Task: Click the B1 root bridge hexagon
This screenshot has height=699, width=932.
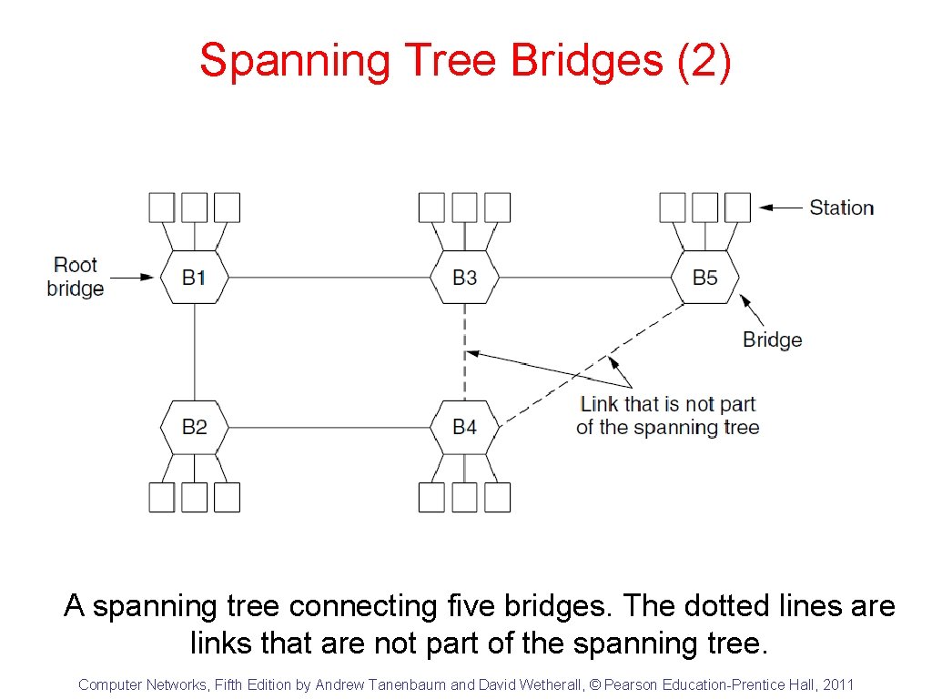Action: [194, 277]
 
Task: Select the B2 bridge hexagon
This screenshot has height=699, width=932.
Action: [194, 426]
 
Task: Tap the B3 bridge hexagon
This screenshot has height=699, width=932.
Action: [464, 277]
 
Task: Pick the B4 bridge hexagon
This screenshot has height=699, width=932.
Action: [464, 426]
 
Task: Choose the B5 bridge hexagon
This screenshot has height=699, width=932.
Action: [704, 277]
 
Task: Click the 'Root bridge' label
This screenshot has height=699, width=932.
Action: [76, 277]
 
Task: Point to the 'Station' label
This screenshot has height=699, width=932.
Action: [841, 208]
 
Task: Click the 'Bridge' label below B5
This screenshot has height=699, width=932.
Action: [772, 339]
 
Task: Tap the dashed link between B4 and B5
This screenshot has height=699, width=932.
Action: [592, 363]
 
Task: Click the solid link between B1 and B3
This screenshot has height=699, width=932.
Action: [328, 277]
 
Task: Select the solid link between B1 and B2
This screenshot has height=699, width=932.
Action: [194, 351]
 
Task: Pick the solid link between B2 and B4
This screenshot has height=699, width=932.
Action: [328, 426]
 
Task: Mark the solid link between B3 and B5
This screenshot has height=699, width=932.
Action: [584, 277]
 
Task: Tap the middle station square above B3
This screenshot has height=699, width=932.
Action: [464, 208]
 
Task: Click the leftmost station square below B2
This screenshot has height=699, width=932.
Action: [162, 497]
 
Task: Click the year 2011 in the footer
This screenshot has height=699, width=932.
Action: [838, 684]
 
